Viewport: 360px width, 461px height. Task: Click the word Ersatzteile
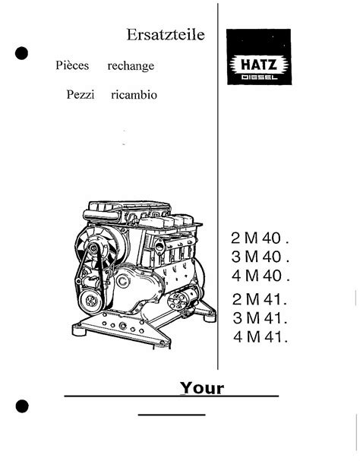point(166,35)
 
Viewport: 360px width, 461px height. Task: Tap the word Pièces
point(72,65)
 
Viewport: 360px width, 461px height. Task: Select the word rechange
point(131,66)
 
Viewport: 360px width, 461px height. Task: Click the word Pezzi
point(81,94)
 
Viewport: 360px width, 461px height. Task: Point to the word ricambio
point(134,95)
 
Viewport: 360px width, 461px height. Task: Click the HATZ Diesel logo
point(259,57)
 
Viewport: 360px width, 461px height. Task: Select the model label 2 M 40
point(260,238)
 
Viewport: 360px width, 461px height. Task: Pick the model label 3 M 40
point(261,257)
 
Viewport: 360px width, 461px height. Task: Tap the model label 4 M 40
point(261,276)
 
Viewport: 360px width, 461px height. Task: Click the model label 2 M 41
point(260,299)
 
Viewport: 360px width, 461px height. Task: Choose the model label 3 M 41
point(260,318)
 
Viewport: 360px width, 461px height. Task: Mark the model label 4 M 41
point(261,337)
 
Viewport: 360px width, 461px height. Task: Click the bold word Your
point(202,388)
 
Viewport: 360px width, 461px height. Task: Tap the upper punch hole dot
point(22,53)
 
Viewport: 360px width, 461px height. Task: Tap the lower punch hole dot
point(22,406)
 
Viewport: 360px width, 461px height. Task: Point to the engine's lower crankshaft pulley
point(91,301)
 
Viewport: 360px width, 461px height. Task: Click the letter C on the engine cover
point(123,281)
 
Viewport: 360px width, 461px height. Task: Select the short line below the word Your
point(172,415)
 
